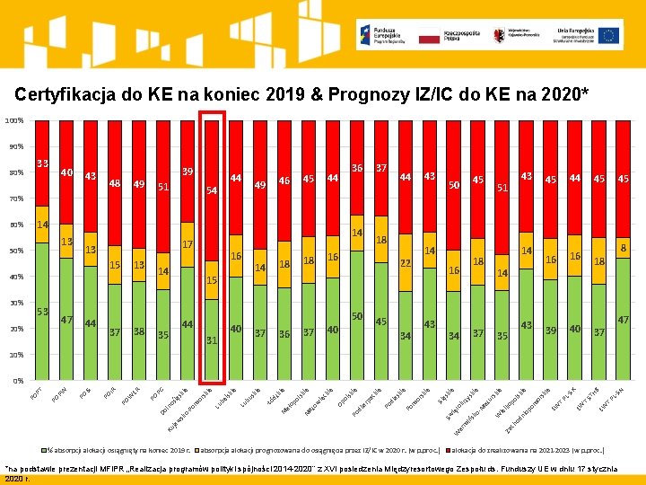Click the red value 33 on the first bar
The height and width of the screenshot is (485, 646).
tap(42, 163)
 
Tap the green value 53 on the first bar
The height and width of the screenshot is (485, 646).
tap(42, 311)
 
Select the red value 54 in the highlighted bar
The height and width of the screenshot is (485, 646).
tap(212, 190)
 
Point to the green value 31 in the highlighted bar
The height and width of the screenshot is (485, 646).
tap(212, 339)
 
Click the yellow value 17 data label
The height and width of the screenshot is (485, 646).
tap(188, 244)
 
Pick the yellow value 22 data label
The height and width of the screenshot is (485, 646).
tap(406, 263)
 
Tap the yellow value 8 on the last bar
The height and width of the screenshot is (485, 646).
tap(623, 246)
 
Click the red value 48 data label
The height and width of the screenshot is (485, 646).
tap(115, 183)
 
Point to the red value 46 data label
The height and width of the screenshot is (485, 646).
tap(284, 181)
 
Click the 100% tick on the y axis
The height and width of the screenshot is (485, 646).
tap(12, 120)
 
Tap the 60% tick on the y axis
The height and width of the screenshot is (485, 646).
tap(13, 225)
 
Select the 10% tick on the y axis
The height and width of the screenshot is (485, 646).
tap(13, 355)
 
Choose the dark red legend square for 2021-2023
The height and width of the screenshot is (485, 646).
tap(445, 449)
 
